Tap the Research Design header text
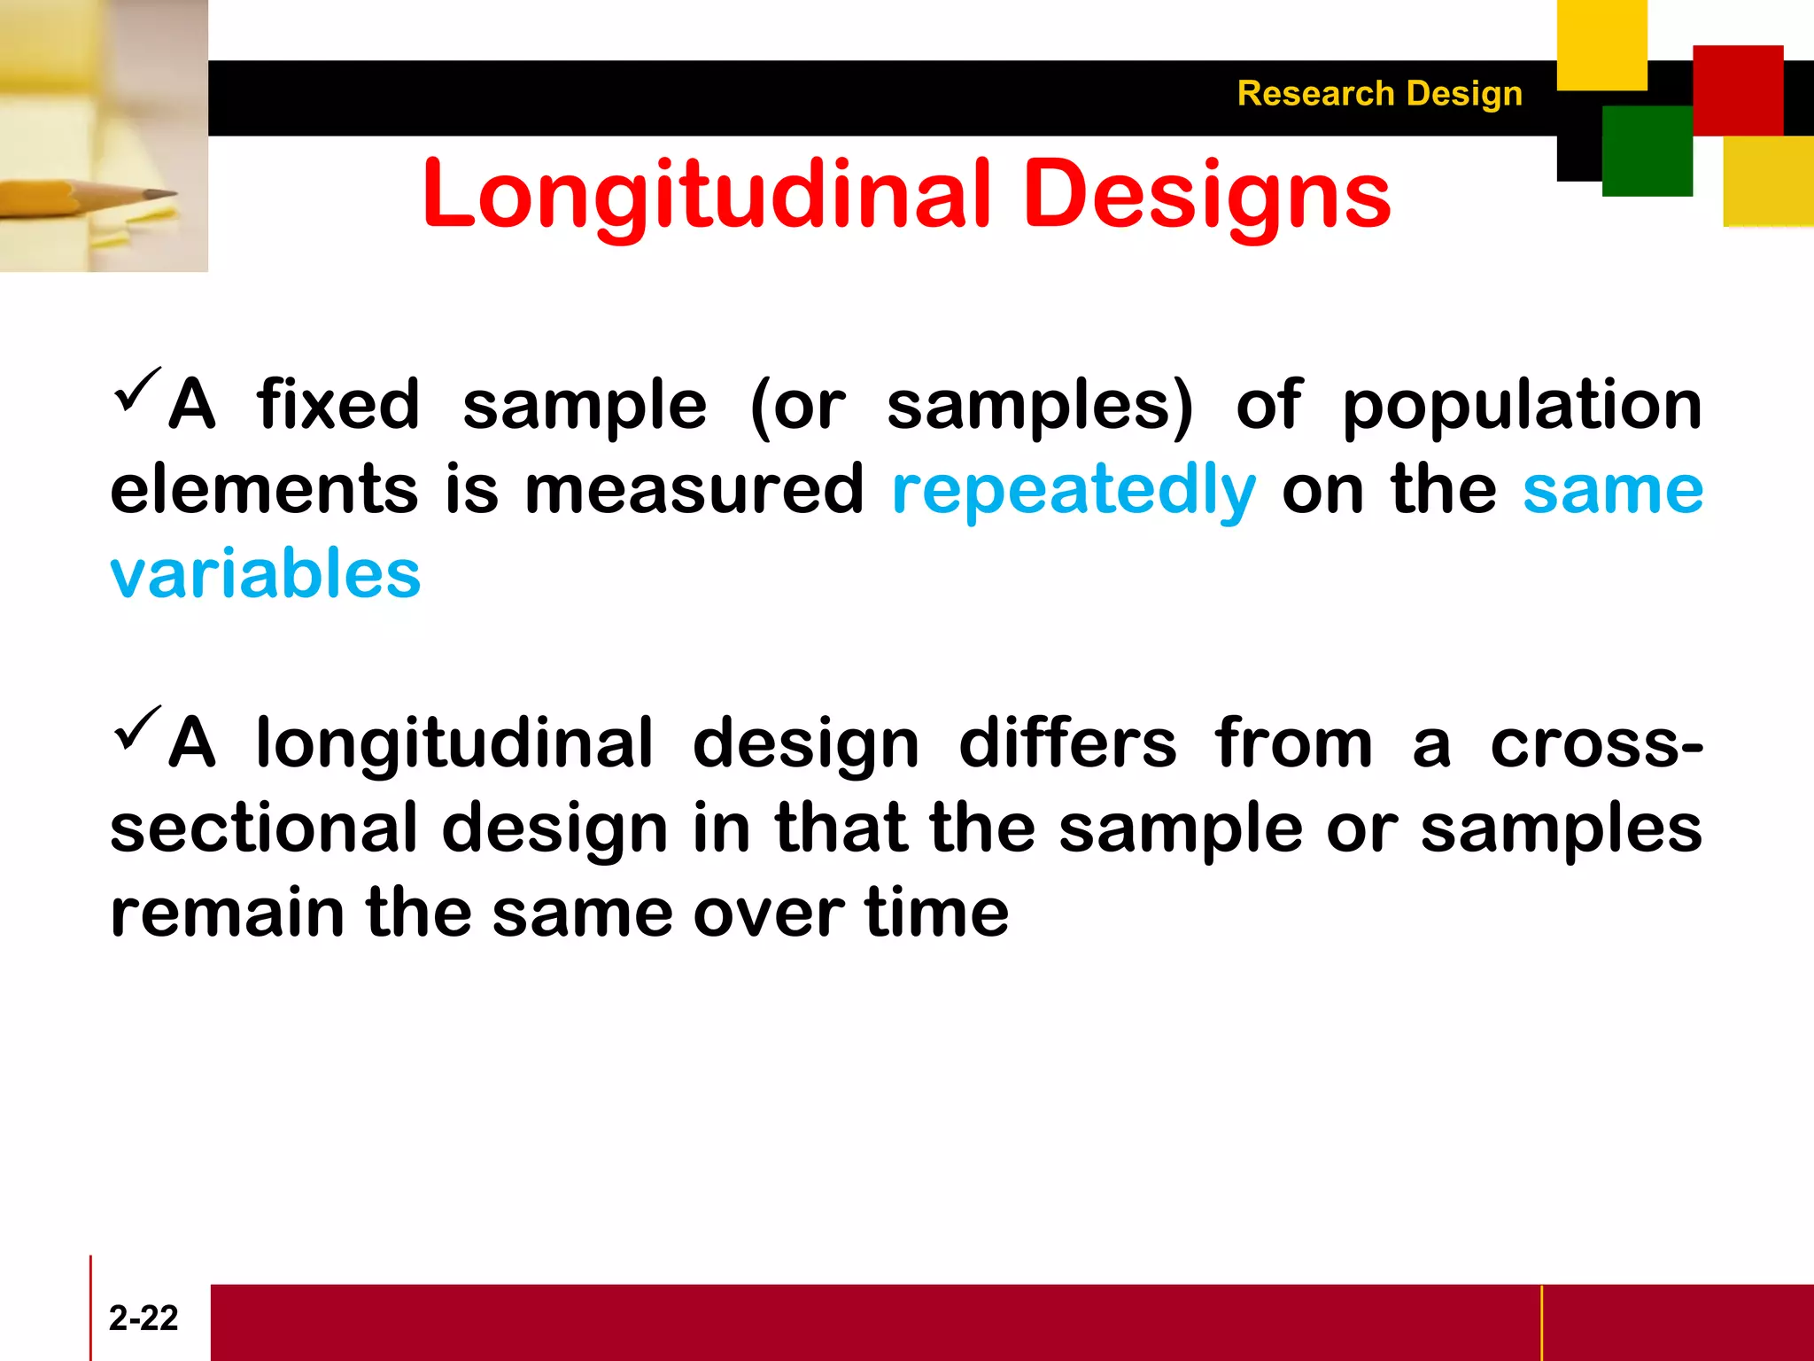(1379, 94)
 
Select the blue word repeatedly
(1074, 491)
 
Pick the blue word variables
(265, 574)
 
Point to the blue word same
(1612, 491)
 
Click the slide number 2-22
(143, 1318)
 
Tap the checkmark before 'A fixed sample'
(138, 390)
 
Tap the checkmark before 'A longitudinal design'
(138, 728)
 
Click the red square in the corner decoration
(1737, 90)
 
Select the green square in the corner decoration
(1647, 151)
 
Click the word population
(1522, 406)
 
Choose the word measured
(694, 491)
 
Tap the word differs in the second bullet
(1067, 744)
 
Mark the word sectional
(263, 828)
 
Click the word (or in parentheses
(797, 406)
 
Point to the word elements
(263, 491)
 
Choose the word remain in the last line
(227, 914)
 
